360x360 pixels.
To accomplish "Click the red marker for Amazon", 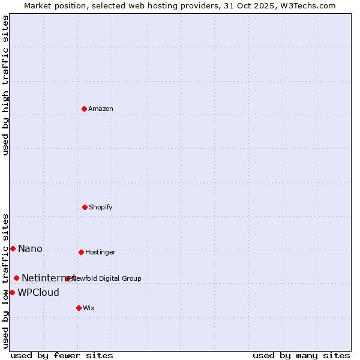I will [84, 109].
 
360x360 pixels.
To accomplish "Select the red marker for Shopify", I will [85, 207].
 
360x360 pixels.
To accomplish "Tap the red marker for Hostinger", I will [81, 252].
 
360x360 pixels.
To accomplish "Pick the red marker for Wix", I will [79, 308].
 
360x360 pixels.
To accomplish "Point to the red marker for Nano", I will [13, 248].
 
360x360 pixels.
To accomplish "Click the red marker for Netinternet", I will [16, 278].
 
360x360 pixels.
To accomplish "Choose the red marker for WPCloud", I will [12, 292].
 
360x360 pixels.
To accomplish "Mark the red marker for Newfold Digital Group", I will [67, 278].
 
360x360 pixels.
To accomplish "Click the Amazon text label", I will [101, 109].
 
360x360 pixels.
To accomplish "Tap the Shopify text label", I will [101, 208].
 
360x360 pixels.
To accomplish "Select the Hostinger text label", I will [100, 253].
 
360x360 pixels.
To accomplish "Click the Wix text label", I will [89, 308].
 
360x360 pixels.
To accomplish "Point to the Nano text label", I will [30, 249].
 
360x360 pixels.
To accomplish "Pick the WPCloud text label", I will [38, 293].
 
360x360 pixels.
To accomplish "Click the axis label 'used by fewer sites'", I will [62, 356].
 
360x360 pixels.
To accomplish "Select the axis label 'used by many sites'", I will [301, 356].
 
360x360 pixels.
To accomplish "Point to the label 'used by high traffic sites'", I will [6, 85].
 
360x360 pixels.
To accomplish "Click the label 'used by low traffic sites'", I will [6, 280].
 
